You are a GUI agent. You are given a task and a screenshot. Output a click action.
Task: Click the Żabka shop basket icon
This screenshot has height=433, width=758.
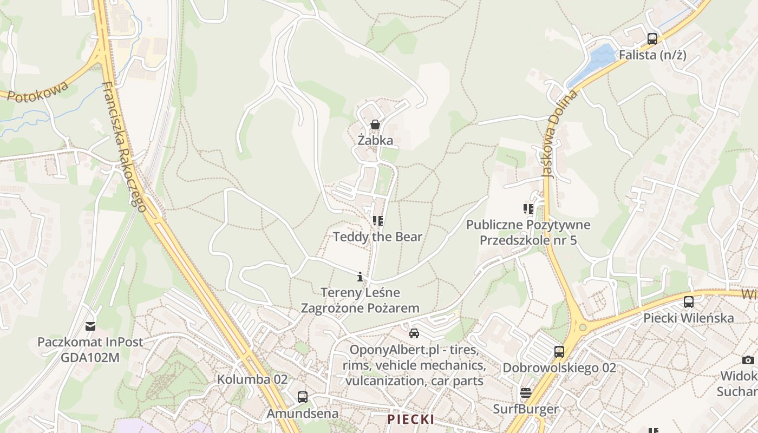375,125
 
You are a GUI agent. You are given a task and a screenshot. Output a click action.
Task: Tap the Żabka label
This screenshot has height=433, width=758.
375,141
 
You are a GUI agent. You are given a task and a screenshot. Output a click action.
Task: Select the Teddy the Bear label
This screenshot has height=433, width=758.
377,237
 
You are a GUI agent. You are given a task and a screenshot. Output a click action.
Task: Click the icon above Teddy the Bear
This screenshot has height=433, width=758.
377,221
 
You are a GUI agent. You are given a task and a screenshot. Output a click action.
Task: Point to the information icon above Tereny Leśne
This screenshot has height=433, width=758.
360,277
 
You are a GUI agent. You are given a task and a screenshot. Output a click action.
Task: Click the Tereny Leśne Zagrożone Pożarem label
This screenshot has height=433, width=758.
360,300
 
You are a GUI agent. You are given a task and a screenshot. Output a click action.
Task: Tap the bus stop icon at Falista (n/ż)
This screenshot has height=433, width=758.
652,39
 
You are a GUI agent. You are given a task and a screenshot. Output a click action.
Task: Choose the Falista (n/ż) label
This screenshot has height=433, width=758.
652,55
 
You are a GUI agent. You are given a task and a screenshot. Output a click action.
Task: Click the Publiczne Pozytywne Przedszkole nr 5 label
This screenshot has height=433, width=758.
528,232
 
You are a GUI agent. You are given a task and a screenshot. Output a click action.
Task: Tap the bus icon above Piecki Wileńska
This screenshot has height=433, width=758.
688,302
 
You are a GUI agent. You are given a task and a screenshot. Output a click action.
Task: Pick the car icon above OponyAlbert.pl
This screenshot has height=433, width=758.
414,333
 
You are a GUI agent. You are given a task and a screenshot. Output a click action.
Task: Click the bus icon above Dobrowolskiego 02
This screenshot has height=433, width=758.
559,352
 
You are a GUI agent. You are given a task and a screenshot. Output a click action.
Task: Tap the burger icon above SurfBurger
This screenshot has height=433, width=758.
525,392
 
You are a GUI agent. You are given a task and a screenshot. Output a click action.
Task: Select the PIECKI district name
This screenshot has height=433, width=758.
410,419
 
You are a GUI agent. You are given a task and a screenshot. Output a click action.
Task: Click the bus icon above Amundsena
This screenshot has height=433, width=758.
302,397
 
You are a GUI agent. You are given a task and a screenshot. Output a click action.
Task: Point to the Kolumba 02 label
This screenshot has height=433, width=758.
252,379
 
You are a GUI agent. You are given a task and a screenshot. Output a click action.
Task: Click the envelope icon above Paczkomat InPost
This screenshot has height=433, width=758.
90,326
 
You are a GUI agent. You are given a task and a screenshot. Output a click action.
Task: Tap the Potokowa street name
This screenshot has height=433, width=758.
38,92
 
